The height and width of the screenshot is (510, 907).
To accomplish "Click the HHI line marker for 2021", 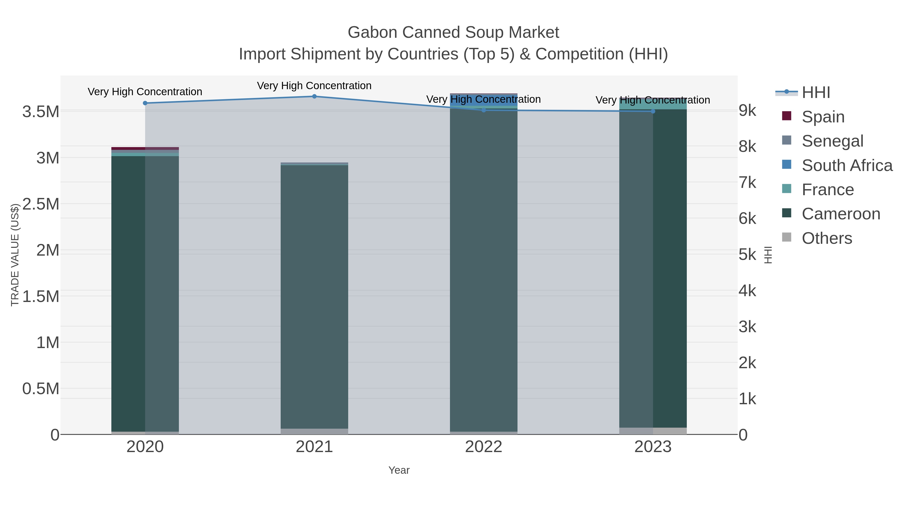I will [x=314, y=96].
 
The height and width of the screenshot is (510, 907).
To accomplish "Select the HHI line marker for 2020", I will [x=145, y=103].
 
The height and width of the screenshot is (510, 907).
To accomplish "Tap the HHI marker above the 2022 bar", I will [x=484, y=110].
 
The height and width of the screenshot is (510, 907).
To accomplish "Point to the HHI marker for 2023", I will [x=653, y=111].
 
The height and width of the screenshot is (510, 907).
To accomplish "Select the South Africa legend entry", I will [x=847, y=165].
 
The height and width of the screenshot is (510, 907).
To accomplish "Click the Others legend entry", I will [x=826, y=238].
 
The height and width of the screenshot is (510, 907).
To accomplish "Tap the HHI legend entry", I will [x=816, y=93].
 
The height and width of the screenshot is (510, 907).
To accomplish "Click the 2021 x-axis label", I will [x=314, y=447].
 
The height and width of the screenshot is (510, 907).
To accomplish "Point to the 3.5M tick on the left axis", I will [x=41, y=112].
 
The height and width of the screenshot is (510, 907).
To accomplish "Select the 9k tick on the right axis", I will [x=747, y=111].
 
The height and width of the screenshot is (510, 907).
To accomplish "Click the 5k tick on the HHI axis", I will [x=747, y=255].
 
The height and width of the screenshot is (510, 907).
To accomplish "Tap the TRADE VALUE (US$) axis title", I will [x=15, y=255].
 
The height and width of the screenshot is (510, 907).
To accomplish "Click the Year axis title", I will [x=399, y=470].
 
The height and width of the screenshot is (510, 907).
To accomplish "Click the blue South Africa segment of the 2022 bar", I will [x=484, y=100].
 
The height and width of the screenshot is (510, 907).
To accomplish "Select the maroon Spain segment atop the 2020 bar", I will [x=145, y=149].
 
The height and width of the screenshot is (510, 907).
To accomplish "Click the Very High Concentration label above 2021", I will [x=314, y=86].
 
